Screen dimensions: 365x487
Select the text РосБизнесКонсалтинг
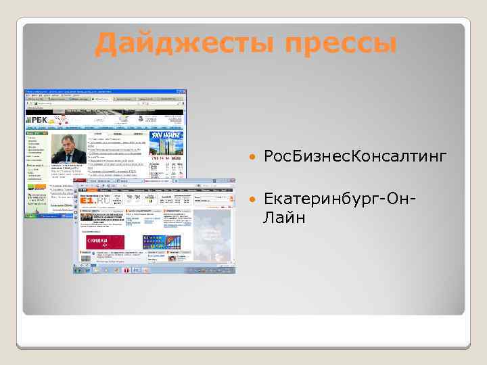(x=356, y=157)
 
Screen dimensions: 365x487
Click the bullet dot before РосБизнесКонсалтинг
(x=252, y=157)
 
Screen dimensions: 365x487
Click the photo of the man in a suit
(x=69, y=147)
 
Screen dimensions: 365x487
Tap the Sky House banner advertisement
(x=166, y=147)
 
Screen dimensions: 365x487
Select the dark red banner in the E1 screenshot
(x=105, y=242)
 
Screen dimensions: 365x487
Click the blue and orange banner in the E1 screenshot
(x=161, y=242)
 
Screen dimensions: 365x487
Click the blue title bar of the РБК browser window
(x=105, y=91)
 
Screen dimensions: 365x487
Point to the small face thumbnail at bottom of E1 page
(x=174, y=258)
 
